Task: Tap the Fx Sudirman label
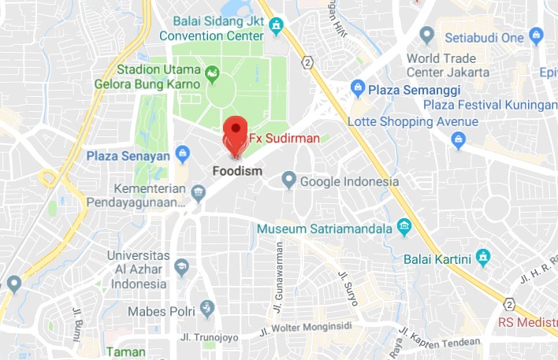[284, 139]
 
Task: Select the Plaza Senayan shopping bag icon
[182, 152]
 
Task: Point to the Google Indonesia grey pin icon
[289, 180]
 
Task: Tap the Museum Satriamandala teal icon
[404, 228]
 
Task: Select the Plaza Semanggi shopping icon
[358, 87]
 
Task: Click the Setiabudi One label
[484, 37]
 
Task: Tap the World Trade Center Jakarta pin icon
[426, 35]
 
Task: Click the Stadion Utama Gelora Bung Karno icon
[212, 76]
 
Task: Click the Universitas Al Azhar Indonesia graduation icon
[183, 265]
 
